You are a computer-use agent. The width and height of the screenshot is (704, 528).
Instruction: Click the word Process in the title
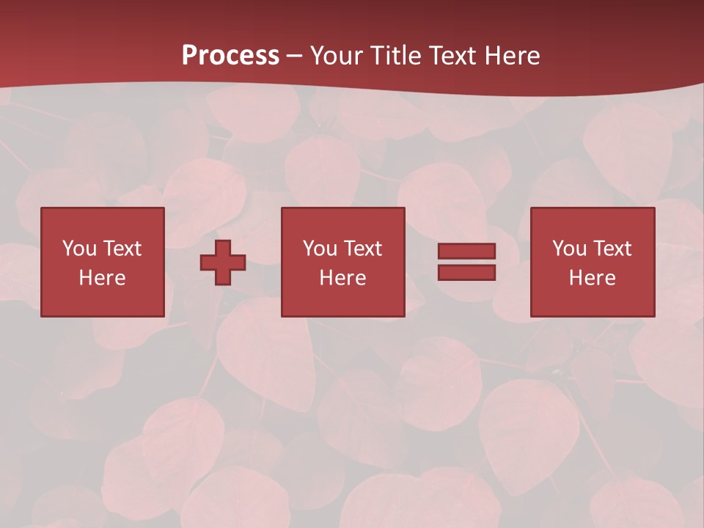point(230,56)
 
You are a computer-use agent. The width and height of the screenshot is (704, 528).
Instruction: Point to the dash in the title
point(295,56)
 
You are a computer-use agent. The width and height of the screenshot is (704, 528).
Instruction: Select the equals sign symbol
point(466,262)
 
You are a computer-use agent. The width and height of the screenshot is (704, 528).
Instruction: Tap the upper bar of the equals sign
point(466,252)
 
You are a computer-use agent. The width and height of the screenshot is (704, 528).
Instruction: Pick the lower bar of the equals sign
point(466,272)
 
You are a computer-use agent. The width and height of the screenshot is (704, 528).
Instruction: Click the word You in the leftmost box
point(79,249)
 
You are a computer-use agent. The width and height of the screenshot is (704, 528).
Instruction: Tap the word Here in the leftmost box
point(103,278)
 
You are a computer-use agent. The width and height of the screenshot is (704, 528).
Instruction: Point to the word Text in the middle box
point(362,249)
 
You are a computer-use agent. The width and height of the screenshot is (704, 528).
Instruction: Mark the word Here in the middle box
point(342,278)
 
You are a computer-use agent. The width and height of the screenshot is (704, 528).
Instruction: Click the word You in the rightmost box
point(569,249)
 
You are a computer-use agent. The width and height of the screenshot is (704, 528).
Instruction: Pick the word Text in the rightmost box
point(612,249)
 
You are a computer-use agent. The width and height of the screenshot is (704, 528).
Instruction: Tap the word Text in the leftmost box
point(122,249)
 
